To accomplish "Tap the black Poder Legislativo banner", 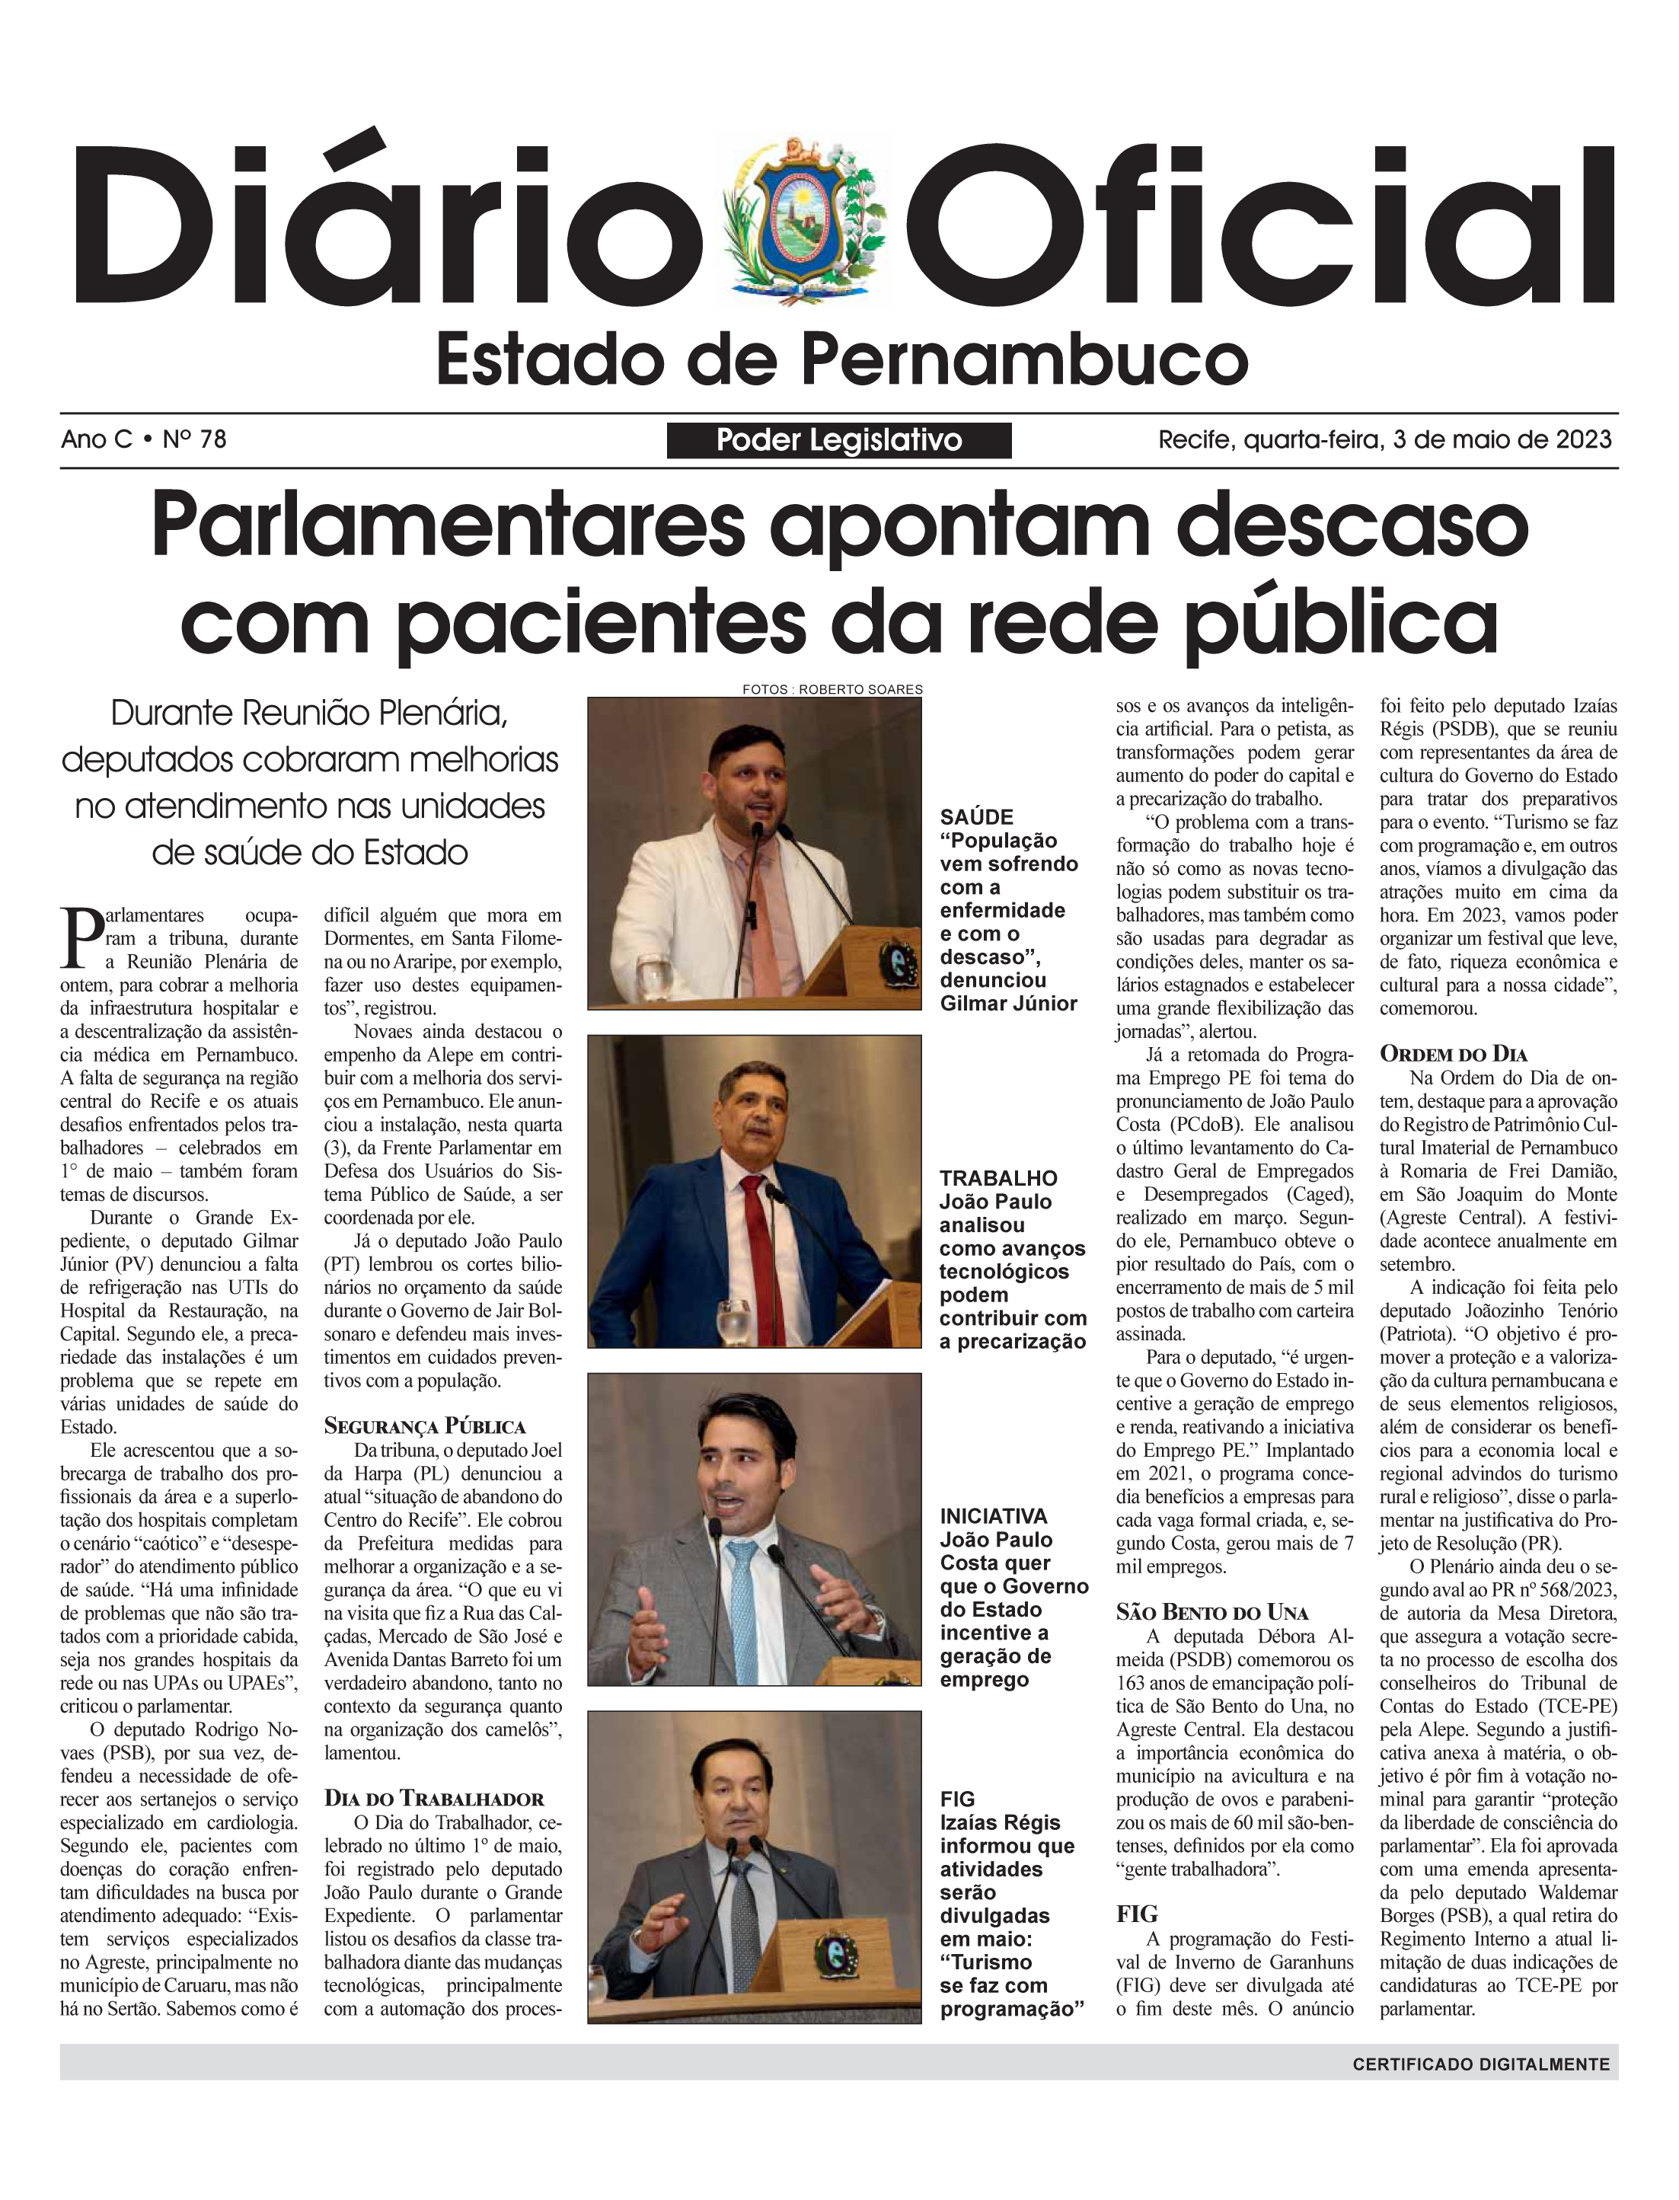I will click(x=838, y=440).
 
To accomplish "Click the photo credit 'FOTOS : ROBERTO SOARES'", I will click(x=832, y=688).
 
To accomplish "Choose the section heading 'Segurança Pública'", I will click(x=425, y=1426).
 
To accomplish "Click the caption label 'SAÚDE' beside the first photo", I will click(x=976, y=816).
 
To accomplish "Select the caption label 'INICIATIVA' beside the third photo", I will click(x=994, y=1515).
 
